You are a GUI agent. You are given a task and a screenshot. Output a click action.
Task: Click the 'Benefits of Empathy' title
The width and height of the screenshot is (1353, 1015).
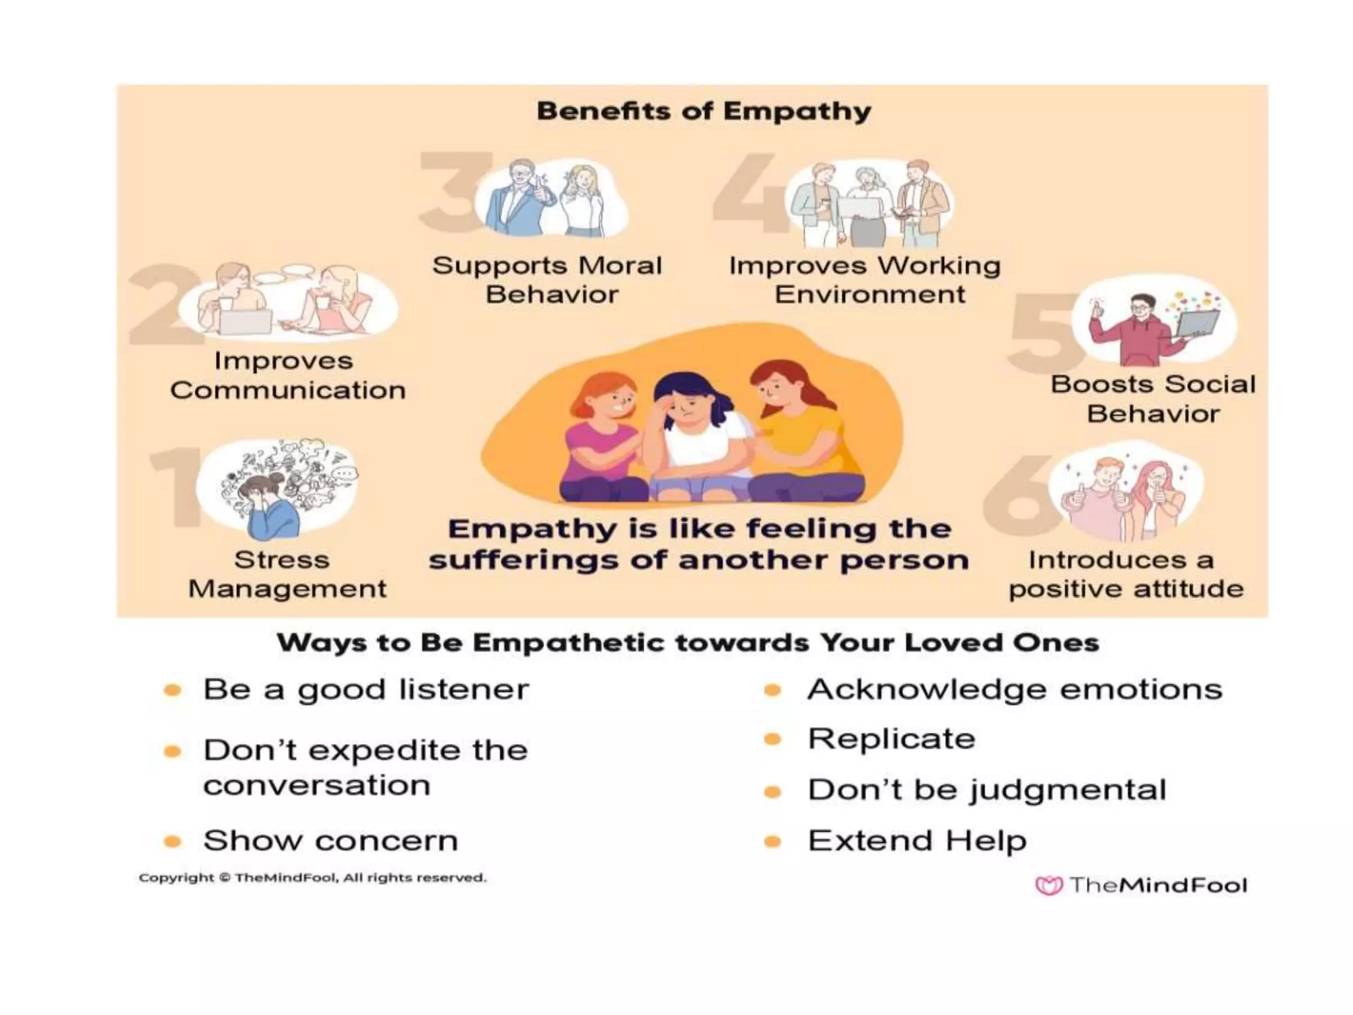(704, 111)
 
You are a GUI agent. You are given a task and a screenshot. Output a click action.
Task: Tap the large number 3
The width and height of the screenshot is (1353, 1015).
(449, 192)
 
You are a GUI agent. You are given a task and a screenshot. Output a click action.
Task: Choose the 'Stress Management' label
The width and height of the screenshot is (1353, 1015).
(287, 574)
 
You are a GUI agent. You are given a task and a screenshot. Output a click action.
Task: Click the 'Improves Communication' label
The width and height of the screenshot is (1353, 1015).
(287, 375)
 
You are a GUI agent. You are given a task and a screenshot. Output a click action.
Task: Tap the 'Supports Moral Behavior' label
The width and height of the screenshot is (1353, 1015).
(547, 280)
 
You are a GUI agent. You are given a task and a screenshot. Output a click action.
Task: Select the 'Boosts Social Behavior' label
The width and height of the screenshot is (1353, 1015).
(1153, 398)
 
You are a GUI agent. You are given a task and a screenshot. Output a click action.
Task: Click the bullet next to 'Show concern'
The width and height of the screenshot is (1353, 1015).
(172, 841)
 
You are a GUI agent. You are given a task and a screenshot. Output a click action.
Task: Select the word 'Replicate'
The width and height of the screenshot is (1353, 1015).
(891, 739)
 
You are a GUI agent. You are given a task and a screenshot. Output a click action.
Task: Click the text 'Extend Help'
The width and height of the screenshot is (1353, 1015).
(917, 841)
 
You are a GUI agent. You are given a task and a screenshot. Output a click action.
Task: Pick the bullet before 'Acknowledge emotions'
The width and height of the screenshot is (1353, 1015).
(772, 691)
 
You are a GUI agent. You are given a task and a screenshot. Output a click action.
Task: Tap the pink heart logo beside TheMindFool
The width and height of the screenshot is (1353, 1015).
(1048, 885)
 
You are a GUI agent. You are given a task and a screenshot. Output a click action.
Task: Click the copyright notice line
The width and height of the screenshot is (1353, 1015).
(312, 878)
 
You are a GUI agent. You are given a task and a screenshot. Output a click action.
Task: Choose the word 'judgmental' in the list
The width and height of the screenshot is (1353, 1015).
(1067, 790)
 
